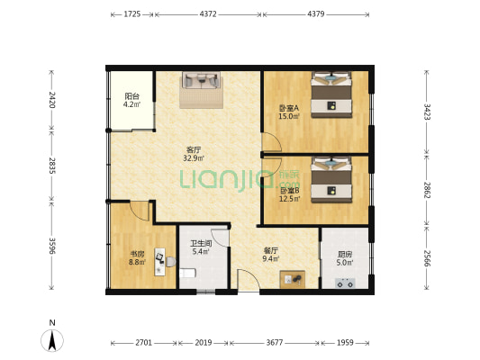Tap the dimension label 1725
(x=132, y=14)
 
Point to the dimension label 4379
(x=315, y=14)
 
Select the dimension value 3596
(x=51, y=246)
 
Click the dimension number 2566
(x=427, y=258)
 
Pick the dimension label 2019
(x=204, y=343)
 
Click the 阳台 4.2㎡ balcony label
(x=132, y=100)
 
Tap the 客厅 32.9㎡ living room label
(x=194, y=154)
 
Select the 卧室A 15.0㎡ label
(x=289, y=112)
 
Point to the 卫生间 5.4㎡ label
(x=201, y=247)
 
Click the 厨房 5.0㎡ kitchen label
(x=345, y=258)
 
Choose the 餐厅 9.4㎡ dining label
(x=271, y=255)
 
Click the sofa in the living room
(x=201, y=80)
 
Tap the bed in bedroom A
(x=331, y=94)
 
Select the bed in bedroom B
(x=331, y=179)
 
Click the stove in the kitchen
(x=345, y=283)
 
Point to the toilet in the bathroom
(x=187, y=273)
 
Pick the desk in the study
(x=159, y=262)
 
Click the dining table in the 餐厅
(x=293, y=279)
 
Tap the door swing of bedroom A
(x=272, y=141)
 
